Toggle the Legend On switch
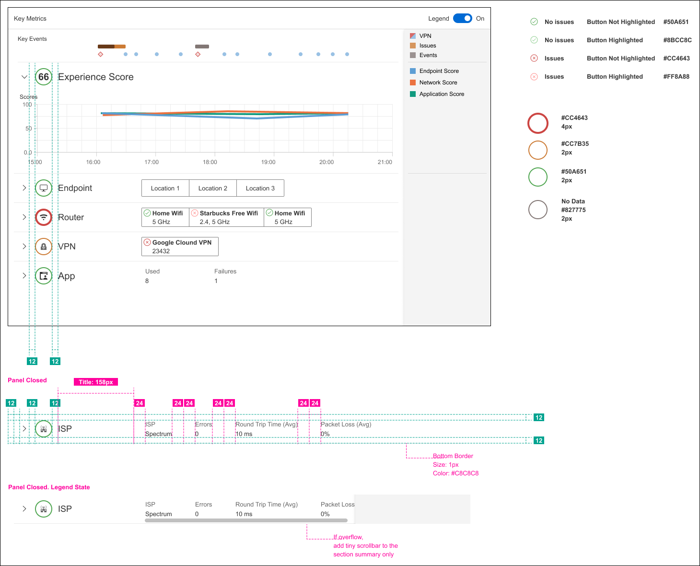tap(463, 18)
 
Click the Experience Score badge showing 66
tap(44, 77)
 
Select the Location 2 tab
tap(213, 188)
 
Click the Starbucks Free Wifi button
tap(226, 217)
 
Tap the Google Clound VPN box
tap(180, 247)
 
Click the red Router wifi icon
tap(44, 217)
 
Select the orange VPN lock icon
tap(44, 247)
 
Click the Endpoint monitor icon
tap(44, 188)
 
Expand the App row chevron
tap(24, 276)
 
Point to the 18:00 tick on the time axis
tap(210, 162)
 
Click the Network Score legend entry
tap(438, 83)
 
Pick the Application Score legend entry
tap(441, 94)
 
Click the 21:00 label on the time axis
tap(385, 162)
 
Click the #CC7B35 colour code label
tap(575, 144)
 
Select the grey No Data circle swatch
tap(538, 210)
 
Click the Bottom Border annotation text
tap(453, 456)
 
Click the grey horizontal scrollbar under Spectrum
tap(246, 520)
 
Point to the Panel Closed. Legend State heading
tap(49, 487)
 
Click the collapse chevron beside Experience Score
tap(24, 77)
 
